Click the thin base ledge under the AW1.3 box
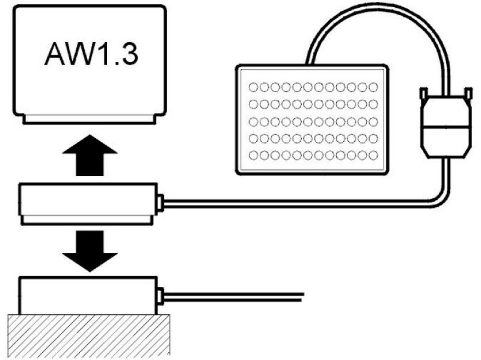(x=90, y=119)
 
